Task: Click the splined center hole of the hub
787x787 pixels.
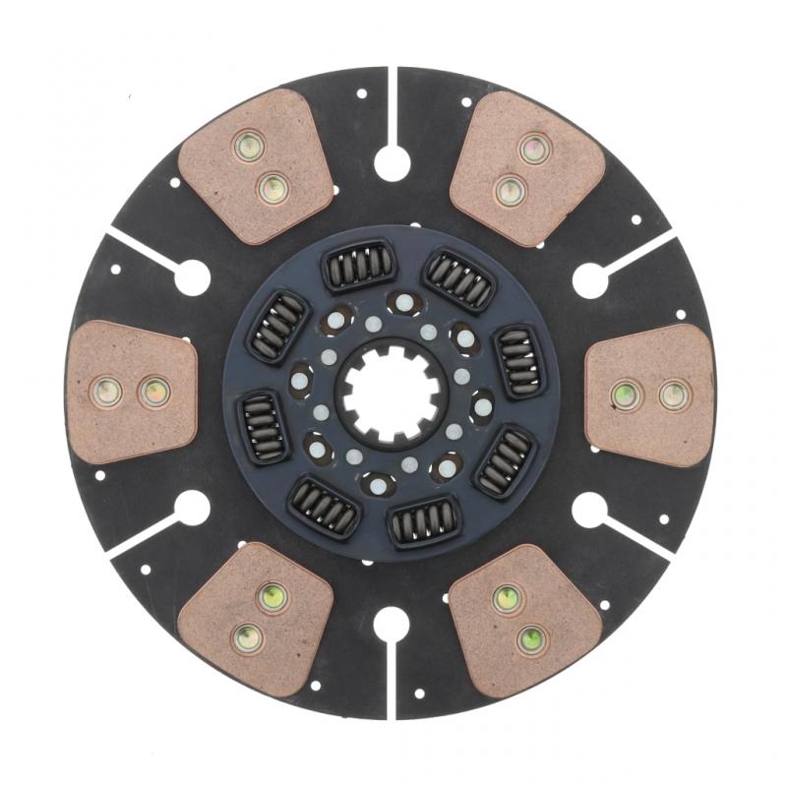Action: click(x=393, y=392)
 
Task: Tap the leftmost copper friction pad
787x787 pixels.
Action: click(x=131, y=392)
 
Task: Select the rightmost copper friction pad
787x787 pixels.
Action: click(x=649, y=394)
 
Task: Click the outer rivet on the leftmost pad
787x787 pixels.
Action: click(x=106, y=392)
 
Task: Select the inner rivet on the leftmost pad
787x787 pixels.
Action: click(x=154, y=392)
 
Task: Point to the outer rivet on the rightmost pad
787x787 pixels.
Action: click(x=674, y=395)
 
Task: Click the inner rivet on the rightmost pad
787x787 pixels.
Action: click(x=625, y=395)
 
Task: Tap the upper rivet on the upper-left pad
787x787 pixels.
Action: click(x=250, y=147)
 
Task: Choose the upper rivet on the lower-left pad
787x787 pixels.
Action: click(x=272, y=596)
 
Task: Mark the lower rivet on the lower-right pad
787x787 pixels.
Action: click(x=531, y=639)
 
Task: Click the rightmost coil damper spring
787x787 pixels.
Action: click(x=518, y=361)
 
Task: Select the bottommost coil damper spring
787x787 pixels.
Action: click(x=420, y=523)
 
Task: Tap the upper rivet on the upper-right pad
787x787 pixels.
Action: click(x=534, y=148)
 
